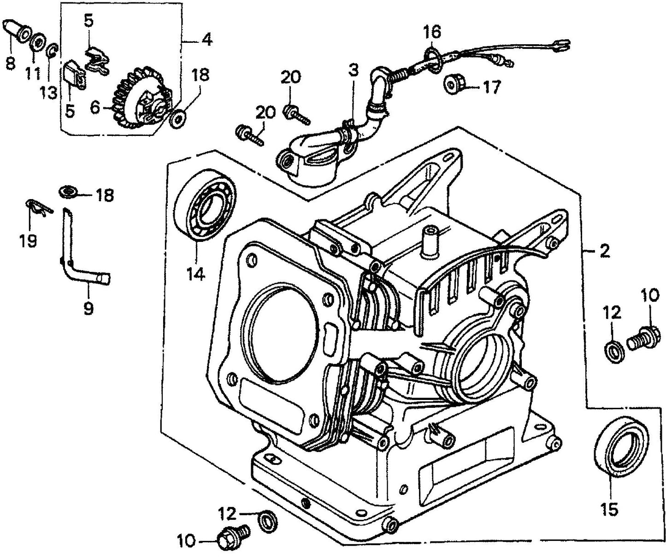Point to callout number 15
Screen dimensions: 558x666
[610, 509]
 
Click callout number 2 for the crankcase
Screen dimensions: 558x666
[604, 251]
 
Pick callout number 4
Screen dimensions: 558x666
[206, 40]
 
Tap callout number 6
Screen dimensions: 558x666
[95, 107]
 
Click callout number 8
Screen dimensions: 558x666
[10, 63]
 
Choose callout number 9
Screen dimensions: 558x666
[88, 307]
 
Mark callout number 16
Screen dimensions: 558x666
[432, 32]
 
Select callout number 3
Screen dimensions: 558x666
[353, 70]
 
